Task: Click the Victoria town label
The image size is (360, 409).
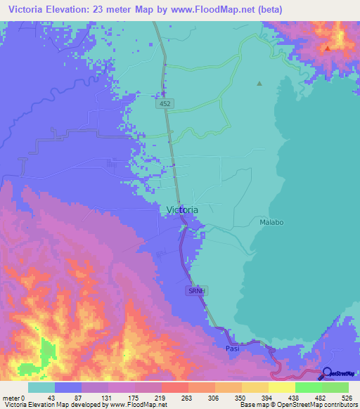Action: [x=183, y=210]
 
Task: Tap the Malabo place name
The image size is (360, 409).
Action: [x=271, y=223]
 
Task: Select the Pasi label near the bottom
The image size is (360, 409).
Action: [x=233, y=349]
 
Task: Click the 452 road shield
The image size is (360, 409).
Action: [x=163, y=103]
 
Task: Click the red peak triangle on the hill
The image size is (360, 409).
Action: [x=327, y=48]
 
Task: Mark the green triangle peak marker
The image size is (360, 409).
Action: [x=259, y=84]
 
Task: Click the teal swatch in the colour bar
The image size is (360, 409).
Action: [x=41, y=387]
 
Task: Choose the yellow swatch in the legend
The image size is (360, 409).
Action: [x=281, y=387]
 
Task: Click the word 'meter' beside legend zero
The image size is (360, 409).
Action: [x=11, y=398]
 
